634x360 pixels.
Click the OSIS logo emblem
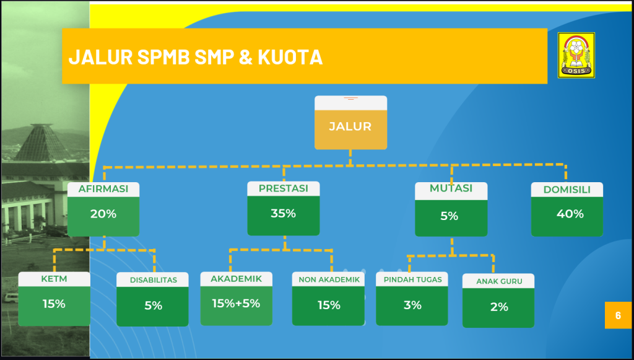point(576,55)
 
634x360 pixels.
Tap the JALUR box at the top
point(350,123)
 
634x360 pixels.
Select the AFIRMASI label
point(103,189)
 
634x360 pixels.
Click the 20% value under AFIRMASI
point(103,214)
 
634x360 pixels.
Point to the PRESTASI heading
point(284,188)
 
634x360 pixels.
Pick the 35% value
point(283,213)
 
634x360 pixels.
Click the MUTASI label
point(451,188)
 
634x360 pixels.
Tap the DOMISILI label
point(567,190)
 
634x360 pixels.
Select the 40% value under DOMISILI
point(570,214)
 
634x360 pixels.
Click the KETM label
point(54,279)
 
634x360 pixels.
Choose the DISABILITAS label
point(154,280)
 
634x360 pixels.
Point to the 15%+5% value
point(236,303)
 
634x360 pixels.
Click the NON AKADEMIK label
point(329,279)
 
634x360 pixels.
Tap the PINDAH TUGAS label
point(413,279)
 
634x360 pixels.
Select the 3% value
point(412,305)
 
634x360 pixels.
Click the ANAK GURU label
point(499,281)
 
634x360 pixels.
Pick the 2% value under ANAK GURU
point(499,307)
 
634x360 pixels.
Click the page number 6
point(618,315)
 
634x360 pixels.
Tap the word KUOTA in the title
point(290,56)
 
